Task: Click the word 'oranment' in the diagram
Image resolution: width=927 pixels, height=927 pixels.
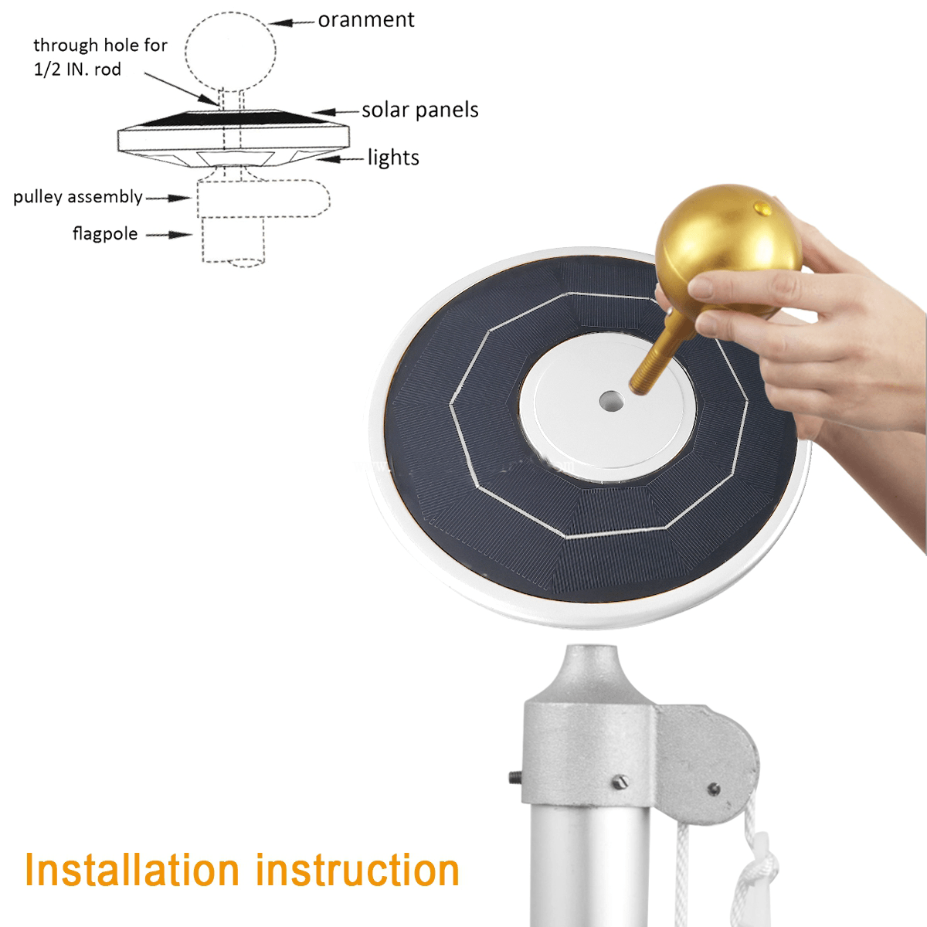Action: click(366, 20)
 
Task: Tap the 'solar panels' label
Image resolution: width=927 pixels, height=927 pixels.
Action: click(420, 110)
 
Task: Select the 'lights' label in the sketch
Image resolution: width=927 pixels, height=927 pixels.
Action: click(393, 158)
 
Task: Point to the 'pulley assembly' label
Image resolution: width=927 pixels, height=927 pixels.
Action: click(78, 197)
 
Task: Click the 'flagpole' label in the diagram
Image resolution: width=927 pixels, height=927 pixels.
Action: click(105, 233)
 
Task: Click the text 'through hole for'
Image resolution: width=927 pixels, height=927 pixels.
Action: click(100, 46)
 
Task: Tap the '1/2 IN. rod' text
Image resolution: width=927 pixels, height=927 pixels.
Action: click(77, 70)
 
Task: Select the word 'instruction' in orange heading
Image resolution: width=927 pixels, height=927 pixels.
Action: click(358, 870)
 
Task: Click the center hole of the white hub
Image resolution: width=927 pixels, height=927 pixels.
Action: click(611, 401)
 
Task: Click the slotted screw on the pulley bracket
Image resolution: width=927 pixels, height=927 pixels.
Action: click(618, 782)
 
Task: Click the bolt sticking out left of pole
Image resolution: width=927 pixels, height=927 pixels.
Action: click(514, 776)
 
